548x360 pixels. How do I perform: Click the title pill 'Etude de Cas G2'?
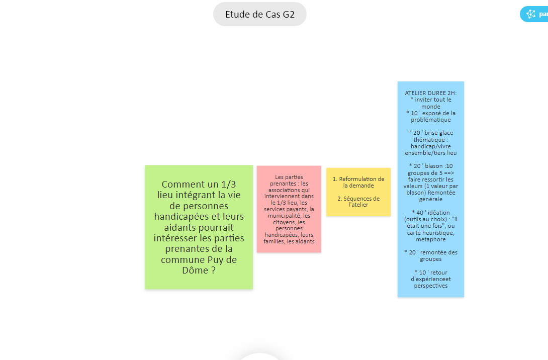[x=259, y=14]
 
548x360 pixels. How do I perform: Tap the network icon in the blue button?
[x=530, y=14]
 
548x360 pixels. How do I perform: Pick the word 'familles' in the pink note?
[x=274, y=241]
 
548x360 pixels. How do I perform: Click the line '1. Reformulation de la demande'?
[x=358, y=182]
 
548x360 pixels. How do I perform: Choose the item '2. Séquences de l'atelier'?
[x=358, y=202]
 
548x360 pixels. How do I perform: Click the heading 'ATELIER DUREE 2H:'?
[x=430, y=93]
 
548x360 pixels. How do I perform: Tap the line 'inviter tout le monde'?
[x=430, y=103]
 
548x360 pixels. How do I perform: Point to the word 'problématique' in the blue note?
[x=430, y=120]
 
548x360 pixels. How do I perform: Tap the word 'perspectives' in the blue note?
[x=430, y=286]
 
